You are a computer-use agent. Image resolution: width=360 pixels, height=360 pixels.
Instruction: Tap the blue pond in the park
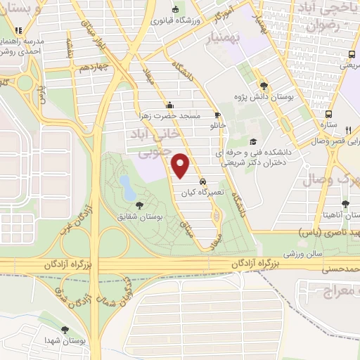tap(127, 187)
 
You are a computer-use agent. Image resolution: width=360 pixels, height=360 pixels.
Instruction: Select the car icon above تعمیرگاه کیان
tap(202, 181)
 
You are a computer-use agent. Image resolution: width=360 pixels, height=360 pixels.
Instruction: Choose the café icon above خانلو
tap(217, 115)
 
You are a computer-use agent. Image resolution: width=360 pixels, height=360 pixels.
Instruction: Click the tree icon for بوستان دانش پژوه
tap(263, 83)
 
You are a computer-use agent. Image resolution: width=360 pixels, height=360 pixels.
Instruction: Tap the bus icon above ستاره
tap(328, 113)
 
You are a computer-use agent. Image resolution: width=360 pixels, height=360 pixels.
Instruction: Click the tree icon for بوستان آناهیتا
tap(345, 204)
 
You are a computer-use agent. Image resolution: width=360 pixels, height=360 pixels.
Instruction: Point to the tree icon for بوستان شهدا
tap(65, 328)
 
